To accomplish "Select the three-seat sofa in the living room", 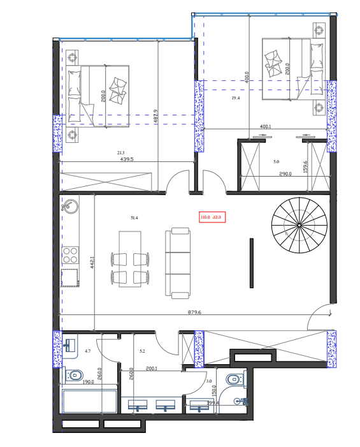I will pyautogui.click(x=178, y=263).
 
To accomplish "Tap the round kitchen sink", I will pyautogui.click(x=69, y=207).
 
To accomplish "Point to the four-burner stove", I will pyautogui.click(x=69, y=255).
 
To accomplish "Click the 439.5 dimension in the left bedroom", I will pyautogui.click(x=127, y=160).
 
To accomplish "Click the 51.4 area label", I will pyautogui.click(x=134, y=218).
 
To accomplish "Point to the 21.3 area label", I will pyautogui.click(x=120, y=153).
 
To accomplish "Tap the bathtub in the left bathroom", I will pyautogui.click(x=89, y=402).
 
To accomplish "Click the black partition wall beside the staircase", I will pyautogui.click(x=251, y=263).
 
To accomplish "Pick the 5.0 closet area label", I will pyautogui.click(x=276, y=162).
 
